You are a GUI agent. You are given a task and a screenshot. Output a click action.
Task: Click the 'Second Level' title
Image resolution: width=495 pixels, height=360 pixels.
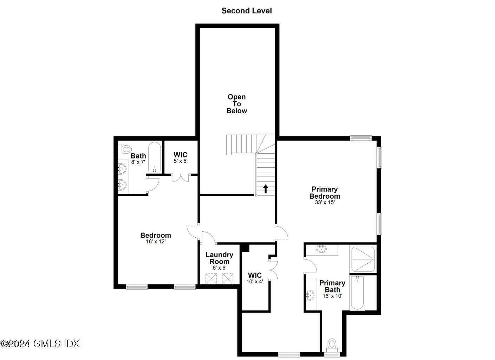click(247, 11)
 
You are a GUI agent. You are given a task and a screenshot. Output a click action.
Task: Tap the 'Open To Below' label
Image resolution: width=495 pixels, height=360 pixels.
click(236, 104)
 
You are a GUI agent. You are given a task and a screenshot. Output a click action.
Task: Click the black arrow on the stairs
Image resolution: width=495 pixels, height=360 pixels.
click(266, 189)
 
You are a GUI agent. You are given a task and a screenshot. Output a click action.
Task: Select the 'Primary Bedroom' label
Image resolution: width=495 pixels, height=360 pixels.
click(325, 193)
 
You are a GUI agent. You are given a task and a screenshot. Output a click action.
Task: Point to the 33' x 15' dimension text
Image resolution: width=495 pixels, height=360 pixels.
click(325, 202)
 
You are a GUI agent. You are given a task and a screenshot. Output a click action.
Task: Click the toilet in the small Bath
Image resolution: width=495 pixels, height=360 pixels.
click(125, 149)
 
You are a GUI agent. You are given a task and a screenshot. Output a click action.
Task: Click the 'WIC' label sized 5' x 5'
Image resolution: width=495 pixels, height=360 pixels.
click(181, 155)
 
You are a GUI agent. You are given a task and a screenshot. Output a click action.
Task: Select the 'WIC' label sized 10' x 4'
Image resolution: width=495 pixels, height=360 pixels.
click(255, 275)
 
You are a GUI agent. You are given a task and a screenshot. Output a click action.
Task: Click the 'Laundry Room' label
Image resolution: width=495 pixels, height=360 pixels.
click(219, 258)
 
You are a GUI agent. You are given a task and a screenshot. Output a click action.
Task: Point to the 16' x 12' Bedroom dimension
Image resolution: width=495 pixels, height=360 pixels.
click(156, 242)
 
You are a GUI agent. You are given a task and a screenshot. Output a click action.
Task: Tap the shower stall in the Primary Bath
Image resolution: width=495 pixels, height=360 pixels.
click(363, 259)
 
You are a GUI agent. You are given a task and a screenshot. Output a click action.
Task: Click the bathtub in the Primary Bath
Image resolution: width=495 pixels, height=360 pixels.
click(358, 292)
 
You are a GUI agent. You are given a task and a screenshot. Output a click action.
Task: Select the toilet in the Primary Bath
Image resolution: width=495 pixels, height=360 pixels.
click(332, 344)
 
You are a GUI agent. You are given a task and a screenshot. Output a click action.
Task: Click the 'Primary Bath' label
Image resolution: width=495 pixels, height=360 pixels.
click(332, 286)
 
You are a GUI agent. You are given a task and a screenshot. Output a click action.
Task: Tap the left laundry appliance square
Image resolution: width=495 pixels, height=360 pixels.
click(211, 279)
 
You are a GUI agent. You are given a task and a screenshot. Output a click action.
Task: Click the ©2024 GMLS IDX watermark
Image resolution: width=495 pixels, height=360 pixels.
click(40, 343)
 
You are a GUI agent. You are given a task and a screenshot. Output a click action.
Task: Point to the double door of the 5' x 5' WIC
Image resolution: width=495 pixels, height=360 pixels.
click(181, 177)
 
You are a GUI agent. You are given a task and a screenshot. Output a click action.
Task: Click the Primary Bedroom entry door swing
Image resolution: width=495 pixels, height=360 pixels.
click(282, 233)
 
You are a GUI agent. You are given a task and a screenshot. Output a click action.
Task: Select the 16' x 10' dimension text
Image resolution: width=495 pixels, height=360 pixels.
click(332, 296)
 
